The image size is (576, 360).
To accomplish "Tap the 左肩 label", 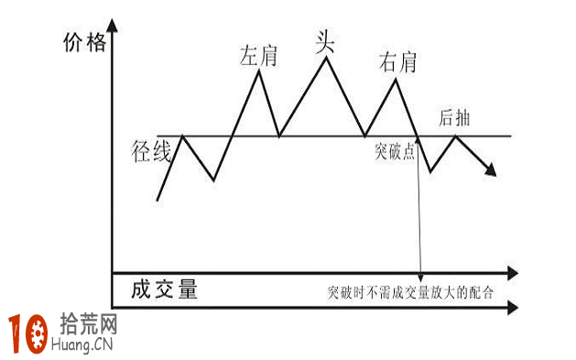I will [258, 55].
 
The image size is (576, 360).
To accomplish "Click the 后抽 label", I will [455, 117].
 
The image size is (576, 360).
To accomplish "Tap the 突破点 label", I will [395, 150].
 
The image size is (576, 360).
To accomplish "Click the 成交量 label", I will [165, 290].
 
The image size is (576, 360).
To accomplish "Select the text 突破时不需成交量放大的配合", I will [410, 294].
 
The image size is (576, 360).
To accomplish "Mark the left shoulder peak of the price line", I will [260, 70].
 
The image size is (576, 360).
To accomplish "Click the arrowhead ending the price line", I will [494, 170].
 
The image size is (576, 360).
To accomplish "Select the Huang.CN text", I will [89, 346].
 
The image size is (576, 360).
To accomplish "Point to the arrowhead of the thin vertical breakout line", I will [420, 276].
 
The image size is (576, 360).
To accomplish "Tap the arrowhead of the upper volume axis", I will [512, 273].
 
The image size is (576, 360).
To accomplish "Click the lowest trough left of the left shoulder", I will [214, 180].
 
